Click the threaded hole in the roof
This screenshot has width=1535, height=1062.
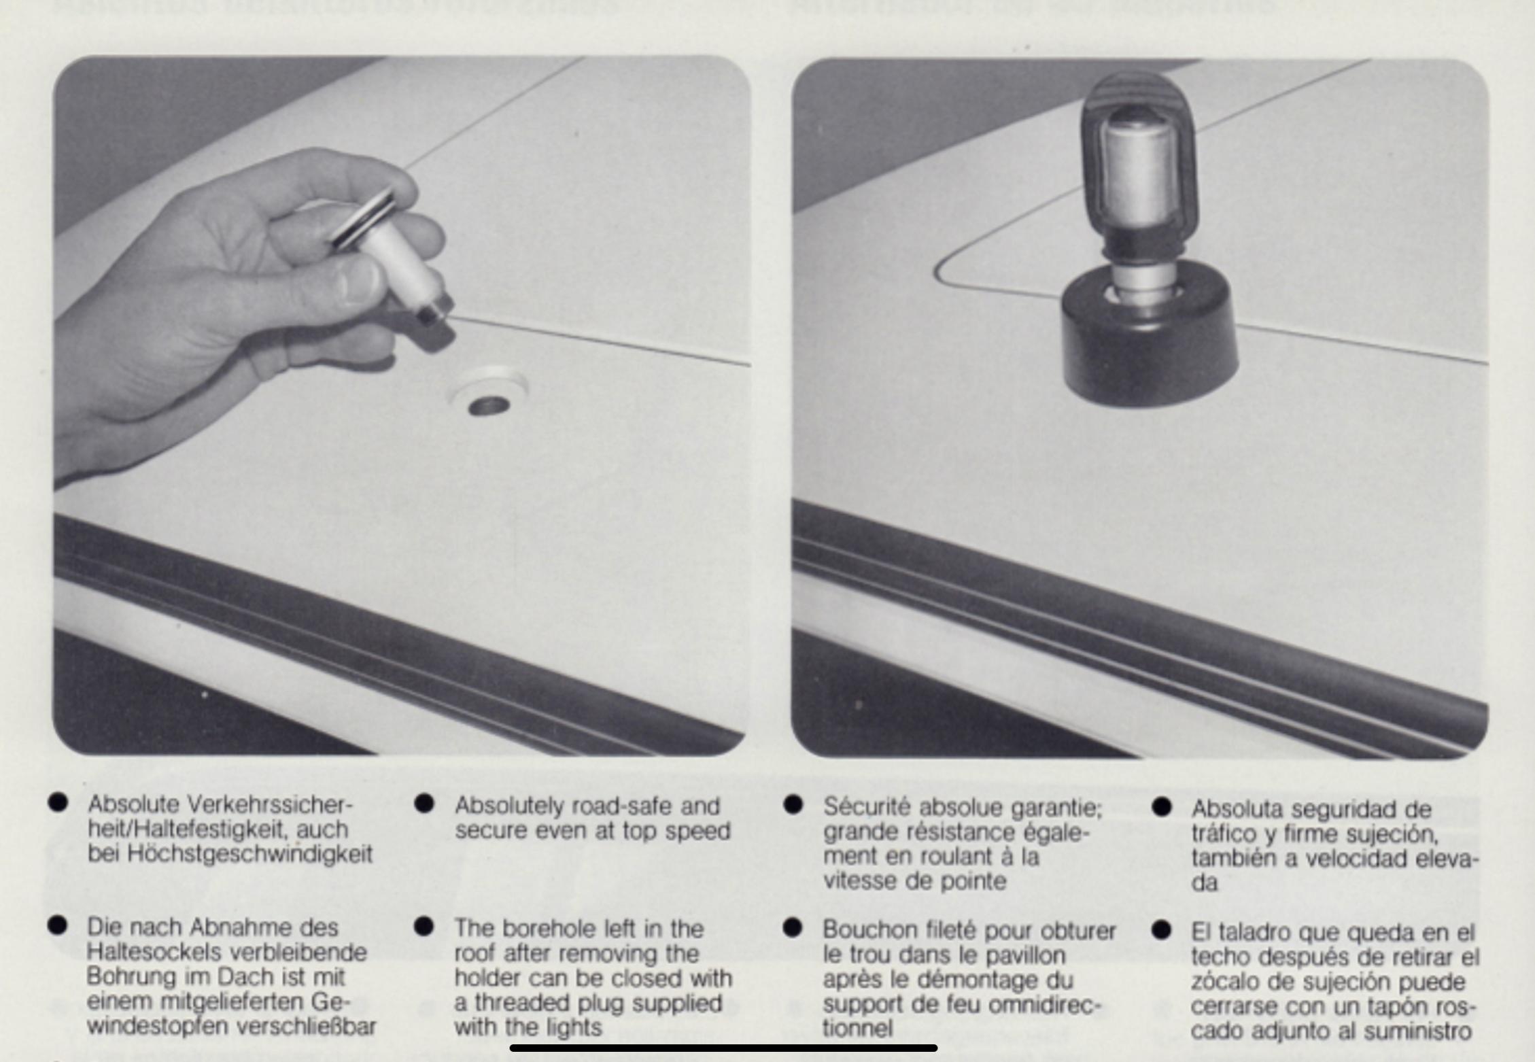click(x=488, y=406)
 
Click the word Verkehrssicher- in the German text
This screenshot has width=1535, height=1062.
click(x=270, y=804)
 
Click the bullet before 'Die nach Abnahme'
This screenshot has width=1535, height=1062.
click(x=58, y=925)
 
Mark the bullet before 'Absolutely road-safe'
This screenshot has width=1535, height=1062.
click(x=424, y=803)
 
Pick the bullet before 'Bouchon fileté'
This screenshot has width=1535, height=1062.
click(x=793, y=927)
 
